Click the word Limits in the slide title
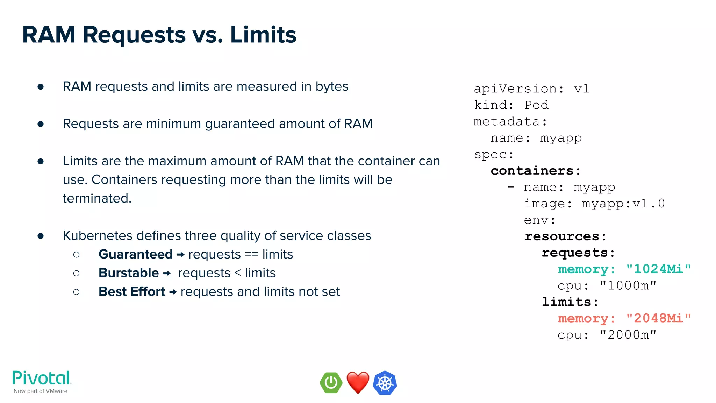263,35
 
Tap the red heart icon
358,382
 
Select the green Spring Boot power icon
331,382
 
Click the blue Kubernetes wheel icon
385,383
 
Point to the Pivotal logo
42,378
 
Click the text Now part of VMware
41,391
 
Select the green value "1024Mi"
658,269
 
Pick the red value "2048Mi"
658,318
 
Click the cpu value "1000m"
628,285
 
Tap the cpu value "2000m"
628,335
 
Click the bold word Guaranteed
136,254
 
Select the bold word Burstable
129,273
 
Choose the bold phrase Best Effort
132,291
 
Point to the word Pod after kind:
536,105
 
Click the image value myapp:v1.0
623,204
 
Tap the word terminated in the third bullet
97,198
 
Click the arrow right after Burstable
167,273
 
